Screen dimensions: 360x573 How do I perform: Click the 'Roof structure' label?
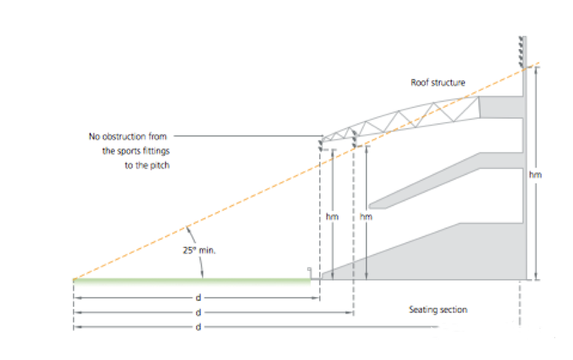(x=438, y=83)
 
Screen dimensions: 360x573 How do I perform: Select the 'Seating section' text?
(x=438, y=310)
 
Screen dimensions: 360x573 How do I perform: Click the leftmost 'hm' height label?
(x=333, y=216)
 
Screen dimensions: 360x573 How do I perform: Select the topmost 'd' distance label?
(x=197, y=298)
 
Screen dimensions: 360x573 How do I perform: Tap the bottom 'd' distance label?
(x=197, y=327)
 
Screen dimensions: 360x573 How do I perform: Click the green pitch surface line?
(x=192, y=281)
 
